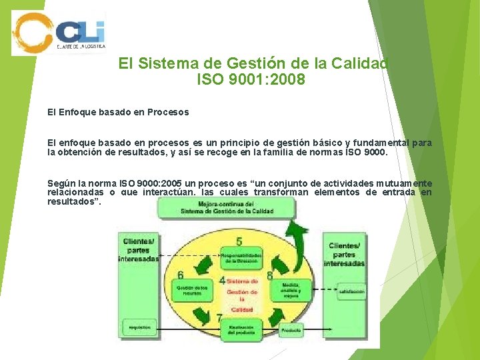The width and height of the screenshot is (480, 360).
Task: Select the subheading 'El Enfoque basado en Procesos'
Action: point(118,112)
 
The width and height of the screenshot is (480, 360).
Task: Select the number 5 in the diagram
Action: point(239,241)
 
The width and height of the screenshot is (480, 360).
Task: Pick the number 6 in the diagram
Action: point(181,275)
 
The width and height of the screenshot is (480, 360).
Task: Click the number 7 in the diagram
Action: point(219,318)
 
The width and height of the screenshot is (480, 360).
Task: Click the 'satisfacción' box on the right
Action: point(351,291)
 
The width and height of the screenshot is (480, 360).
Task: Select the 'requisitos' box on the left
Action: point(140,327)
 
